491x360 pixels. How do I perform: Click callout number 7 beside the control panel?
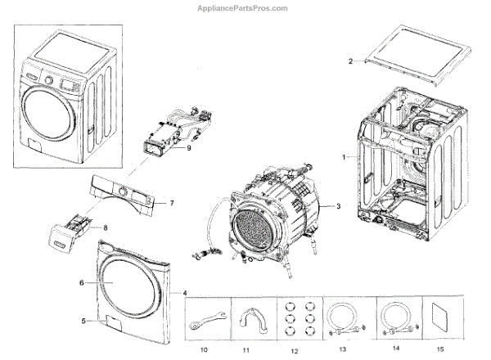pos(173,202)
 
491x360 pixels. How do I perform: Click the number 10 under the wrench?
pos(204,349)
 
